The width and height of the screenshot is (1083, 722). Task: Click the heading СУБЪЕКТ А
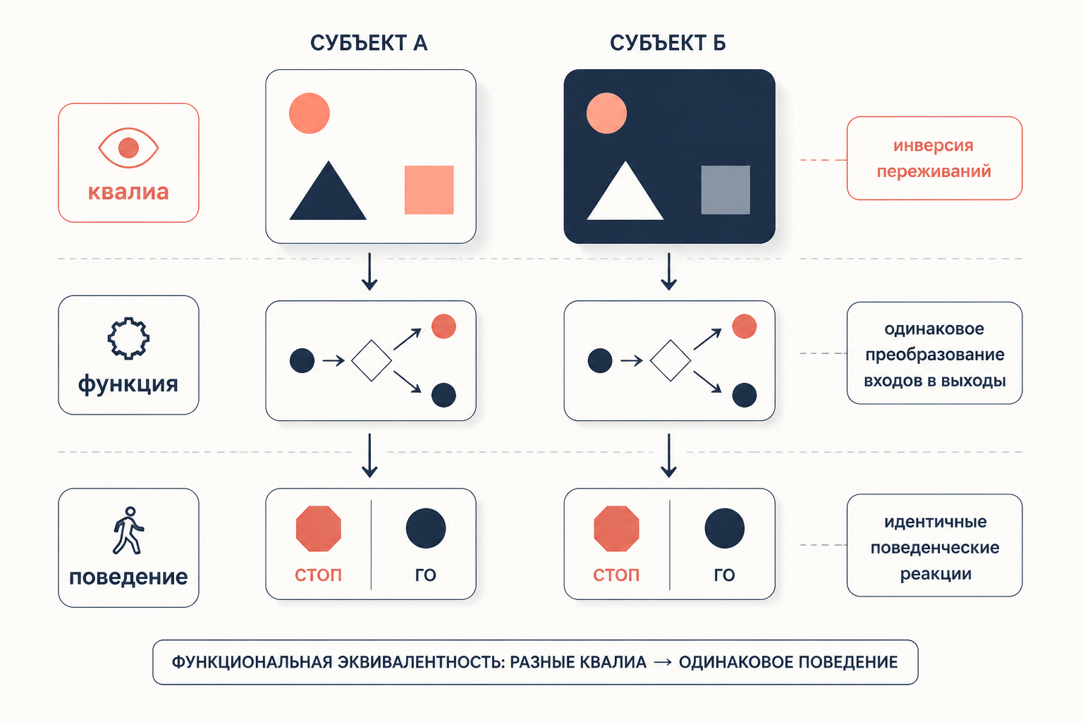(x=369, y=43)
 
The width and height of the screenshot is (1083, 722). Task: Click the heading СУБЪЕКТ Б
(x=668, y=43)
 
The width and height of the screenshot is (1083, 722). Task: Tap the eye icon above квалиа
(x=128, y=148)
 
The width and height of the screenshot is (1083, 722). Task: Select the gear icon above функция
(x=128, y=338)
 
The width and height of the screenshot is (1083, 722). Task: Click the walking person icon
(x=128, y=530)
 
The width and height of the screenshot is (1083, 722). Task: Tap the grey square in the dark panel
(x=726, y=190)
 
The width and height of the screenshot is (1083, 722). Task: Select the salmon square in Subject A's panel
(x=429, y=190)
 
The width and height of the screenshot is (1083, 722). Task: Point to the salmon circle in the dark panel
(x=607, y=113)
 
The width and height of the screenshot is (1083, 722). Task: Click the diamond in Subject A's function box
(x=372, y=361)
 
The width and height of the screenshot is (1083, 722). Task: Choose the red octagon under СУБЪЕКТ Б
(x=616, y=529)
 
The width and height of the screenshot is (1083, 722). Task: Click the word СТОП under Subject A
(x=318, y=575)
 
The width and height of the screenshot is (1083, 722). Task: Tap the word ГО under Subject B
(x=724, y=575)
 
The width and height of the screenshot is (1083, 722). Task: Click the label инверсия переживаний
(x=934, y=158)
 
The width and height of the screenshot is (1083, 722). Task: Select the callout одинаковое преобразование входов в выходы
(x=934, y=353)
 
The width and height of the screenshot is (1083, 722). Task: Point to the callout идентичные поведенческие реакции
(x=934, y=546)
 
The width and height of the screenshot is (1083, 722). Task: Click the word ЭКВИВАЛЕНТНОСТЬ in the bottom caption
(x=416, y=662)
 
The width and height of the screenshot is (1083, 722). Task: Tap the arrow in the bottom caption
(x=662, y=662)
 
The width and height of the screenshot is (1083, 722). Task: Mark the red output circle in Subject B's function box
(x=744, y=326)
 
